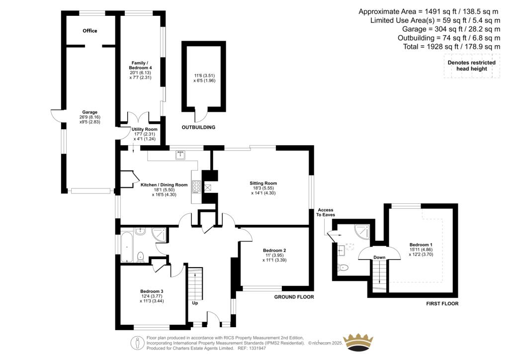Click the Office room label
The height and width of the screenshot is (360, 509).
point(90,31)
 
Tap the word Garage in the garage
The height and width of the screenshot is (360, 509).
point(90,112)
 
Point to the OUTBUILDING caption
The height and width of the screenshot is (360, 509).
point(198,127)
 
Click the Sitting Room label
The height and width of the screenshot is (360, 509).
point(263,183)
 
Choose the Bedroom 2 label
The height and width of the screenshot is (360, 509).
point(274,250)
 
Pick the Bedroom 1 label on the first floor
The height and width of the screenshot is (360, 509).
point(421,245)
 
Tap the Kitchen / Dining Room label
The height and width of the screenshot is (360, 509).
point(164,184)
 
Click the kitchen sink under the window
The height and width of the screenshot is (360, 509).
point(180,155)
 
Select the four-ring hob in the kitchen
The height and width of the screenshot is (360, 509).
point(196,187)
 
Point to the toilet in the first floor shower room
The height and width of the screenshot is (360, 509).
point(342,268)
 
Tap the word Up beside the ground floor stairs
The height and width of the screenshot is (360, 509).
point(195,302)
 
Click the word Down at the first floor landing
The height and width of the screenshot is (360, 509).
point(380,257)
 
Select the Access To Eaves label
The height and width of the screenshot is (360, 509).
point(326,212)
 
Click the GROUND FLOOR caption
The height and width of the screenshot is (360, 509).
point(294,297)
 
